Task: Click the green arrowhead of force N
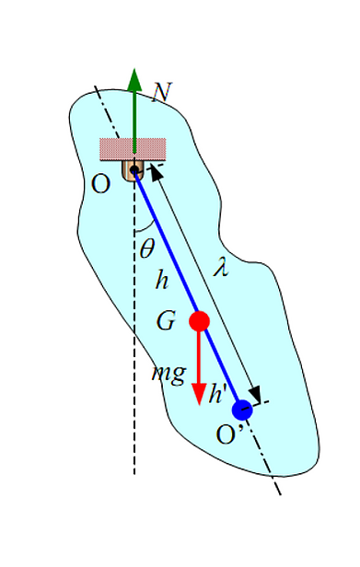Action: [x=134, y=79]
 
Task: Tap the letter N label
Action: [x=161, y=93]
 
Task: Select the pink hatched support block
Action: [x=133, y=149]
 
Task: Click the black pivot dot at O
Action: [x=134, y=168]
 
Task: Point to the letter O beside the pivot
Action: [x=100, y=184]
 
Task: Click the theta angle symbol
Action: [x=147, y=249]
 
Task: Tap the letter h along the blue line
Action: [x=162, y=280]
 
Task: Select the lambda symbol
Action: [x=221, y=267]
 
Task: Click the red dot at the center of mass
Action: [x=200, y=320]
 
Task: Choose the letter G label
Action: [x=166, y=320]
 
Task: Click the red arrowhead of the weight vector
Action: [x=199, y=394]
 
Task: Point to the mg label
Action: [x=168, y=375]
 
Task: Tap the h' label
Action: [x=218, y=393]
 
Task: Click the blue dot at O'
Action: [x=242, y=410]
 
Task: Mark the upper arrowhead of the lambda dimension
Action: [x=156, y=172]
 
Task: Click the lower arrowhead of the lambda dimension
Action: [x=255, y=394]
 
